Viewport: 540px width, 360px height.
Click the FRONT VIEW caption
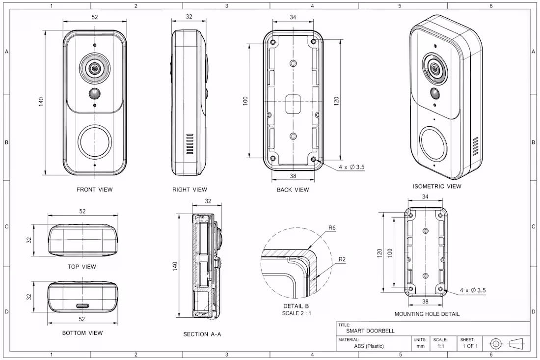[94, 190]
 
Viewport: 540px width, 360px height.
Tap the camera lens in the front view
[94, 69]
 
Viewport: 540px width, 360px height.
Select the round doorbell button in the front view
[95, 142]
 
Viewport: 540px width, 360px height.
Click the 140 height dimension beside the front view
[41, 102]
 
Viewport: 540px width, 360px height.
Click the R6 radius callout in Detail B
[332, 228]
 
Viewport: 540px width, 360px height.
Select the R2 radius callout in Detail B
[342, 259]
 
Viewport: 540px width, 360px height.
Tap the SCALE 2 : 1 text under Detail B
[297, 313]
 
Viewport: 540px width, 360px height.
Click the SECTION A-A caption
[202, 334]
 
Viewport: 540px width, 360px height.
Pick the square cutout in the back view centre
[293, 103]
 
